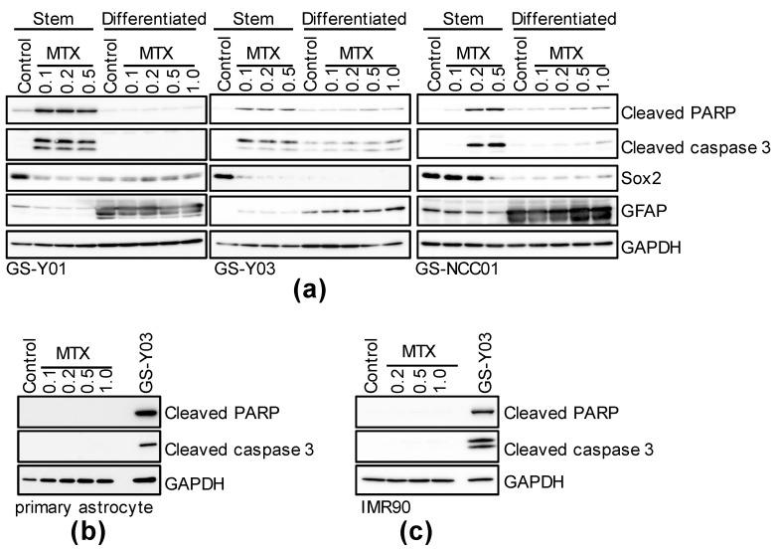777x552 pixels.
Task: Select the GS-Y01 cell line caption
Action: tap(31, 267)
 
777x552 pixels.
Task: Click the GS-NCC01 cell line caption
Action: tap(453, 267)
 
